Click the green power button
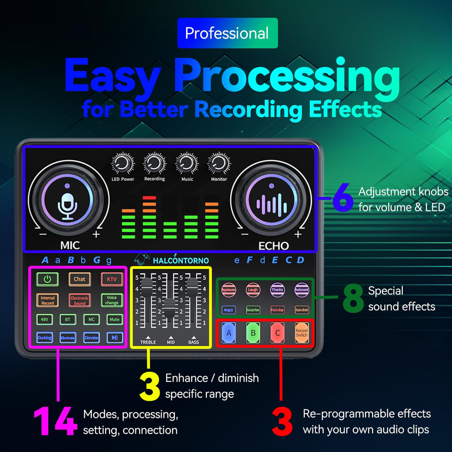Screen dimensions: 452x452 coord(47,279)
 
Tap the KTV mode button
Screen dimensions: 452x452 coord(111,279)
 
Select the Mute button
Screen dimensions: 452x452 coord(114,319)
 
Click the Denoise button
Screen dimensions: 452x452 coord(91,338)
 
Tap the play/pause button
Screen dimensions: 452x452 coord(114,338)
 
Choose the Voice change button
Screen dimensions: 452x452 coord(111,300)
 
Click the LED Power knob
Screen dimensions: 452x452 coord(122,164)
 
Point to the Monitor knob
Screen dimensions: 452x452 coord(218,164)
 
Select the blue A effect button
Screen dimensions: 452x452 coord(229,333)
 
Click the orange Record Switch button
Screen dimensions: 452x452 coord(301,333)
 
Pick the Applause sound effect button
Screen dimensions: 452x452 coord(229,290)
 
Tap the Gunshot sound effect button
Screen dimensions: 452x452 coord(301,310)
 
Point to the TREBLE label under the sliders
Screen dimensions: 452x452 coord(148,342)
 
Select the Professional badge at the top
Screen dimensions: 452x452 coord(227,33)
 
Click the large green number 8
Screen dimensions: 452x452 coord(353,298)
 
